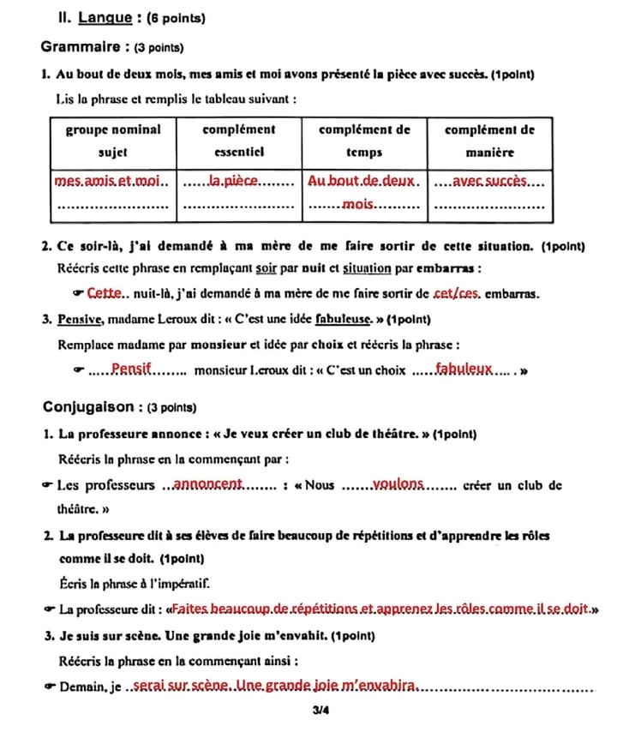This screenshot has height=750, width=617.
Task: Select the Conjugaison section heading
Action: [x=95, y=406]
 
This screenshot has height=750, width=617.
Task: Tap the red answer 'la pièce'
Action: [x=234, y=181]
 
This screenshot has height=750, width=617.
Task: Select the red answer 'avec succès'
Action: [x=490, y=181]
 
